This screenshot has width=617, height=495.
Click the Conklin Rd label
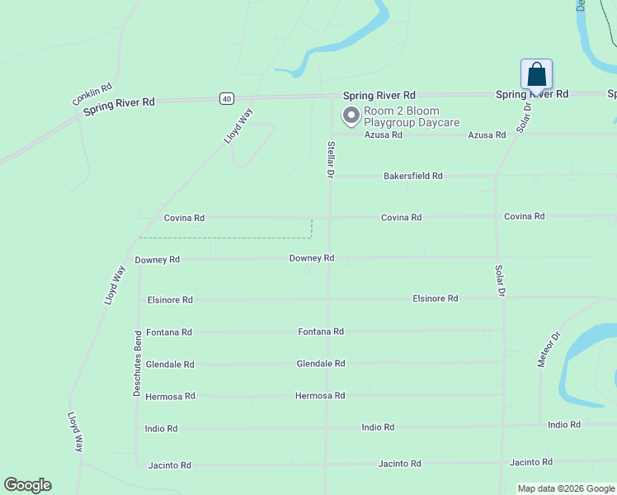click(92, 94)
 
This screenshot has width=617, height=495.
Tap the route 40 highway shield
click(226, 98)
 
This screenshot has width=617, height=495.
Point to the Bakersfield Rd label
click(412, 176)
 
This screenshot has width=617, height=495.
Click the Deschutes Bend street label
click(138, 364)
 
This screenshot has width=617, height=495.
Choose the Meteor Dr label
click(549, 349)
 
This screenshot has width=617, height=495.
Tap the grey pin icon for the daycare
click(351, 115)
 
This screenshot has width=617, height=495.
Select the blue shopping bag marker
click(536, 74)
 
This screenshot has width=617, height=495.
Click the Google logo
click(28, 485)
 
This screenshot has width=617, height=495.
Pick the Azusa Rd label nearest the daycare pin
click(383, 134)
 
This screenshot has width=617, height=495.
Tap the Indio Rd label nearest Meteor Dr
click(564, 424)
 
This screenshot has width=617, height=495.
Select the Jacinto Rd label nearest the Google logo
click(169, 465)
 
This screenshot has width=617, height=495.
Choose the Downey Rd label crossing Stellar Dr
click(311, 258)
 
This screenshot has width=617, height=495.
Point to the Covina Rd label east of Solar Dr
click(524, 216)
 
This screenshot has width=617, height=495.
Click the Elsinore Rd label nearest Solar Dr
click(435, 298)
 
